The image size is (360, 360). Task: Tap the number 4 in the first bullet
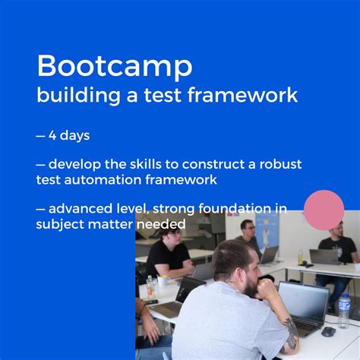point(53,136)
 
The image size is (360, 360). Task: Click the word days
point(76,137)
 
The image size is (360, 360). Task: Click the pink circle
point(324,210)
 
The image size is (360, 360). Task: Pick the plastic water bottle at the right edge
point(344,311)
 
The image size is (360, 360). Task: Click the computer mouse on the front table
point(328,331)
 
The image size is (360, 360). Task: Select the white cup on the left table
point(163,280)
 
